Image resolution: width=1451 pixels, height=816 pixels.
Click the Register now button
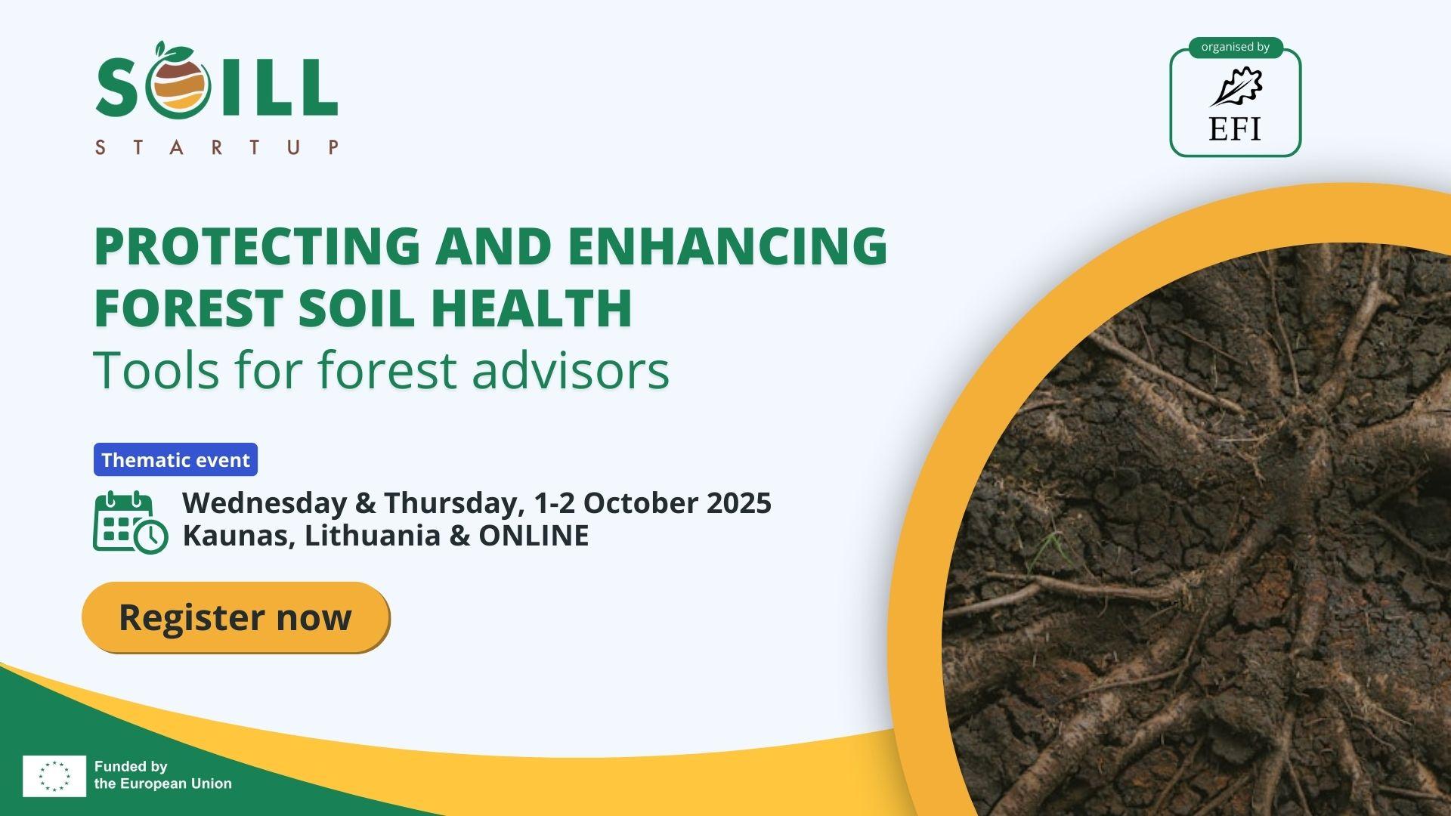[x=235, y=617]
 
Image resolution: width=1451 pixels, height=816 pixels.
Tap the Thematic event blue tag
[x=175, y=460]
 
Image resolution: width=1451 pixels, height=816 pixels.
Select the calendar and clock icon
[x=130, y=522]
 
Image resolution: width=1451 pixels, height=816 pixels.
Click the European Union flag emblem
[x=54, y=776]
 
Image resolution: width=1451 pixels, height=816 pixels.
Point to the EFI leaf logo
[x=1236, y=87]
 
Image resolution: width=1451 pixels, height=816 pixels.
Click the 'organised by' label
[x=1235, y=47]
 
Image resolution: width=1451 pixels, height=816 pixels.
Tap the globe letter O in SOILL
[x=178, y=85]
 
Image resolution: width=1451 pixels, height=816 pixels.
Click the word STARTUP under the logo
[x=217, y=147]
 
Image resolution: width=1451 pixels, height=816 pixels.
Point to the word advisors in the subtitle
[x=571, y=370]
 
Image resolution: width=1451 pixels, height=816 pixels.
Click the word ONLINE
[x=534, y=536]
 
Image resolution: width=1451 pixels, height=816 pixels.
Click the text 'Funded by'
[x=131, y=767]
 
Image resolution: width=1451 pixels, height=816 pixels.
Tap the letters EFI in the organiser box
[x=1235, y=128]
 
